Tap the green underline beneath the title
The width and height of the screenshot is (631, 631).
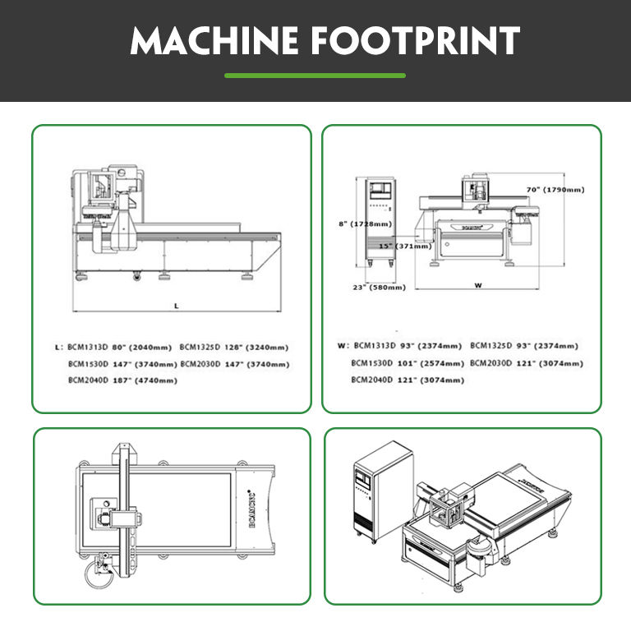[315, 76]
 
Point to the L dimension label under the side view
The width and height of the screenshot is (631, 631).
[176, 305]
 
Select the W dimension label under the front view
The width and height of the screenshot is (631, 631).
[478, 286]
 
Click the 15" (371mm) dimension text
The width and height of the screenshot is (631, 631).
[404, 246]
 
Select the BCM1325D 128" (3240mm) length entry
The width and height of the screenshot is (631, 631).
[234, 347]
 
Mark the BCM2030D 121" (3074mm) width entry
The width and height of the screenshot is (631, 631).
[527, 362]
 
